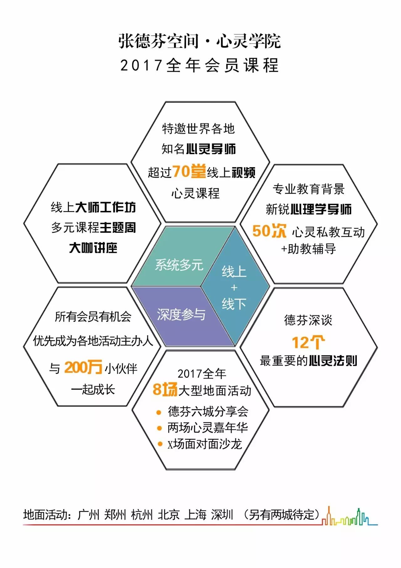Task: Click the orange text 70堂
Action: pos(189,172)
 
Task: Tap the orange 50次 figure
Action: pos(269,231)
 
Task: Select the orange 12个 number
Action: pos(308,342)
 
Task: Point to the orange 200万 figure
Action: pos(83,367)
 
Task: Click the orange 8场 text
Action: pos(165,390)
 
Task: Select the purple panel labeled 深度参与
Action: pos(181,314)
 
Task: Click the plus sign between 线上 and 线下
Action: pos(234,287)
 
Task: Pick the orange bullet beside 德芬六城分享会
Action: pos(159,412)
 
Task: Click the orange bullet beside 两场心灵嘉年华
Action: pos(159,428)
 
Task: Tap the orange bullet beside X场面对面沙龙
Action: pos(160,444)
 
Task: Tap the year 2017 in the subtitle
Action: pos(141,66)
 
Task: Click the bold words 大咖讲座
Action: pos(93,248)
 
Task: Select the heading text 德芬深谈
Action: pos(308,320)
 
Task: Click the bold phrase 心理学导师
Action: pos(321,209)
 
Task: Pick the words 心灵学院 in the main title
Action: pos(248,41)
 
